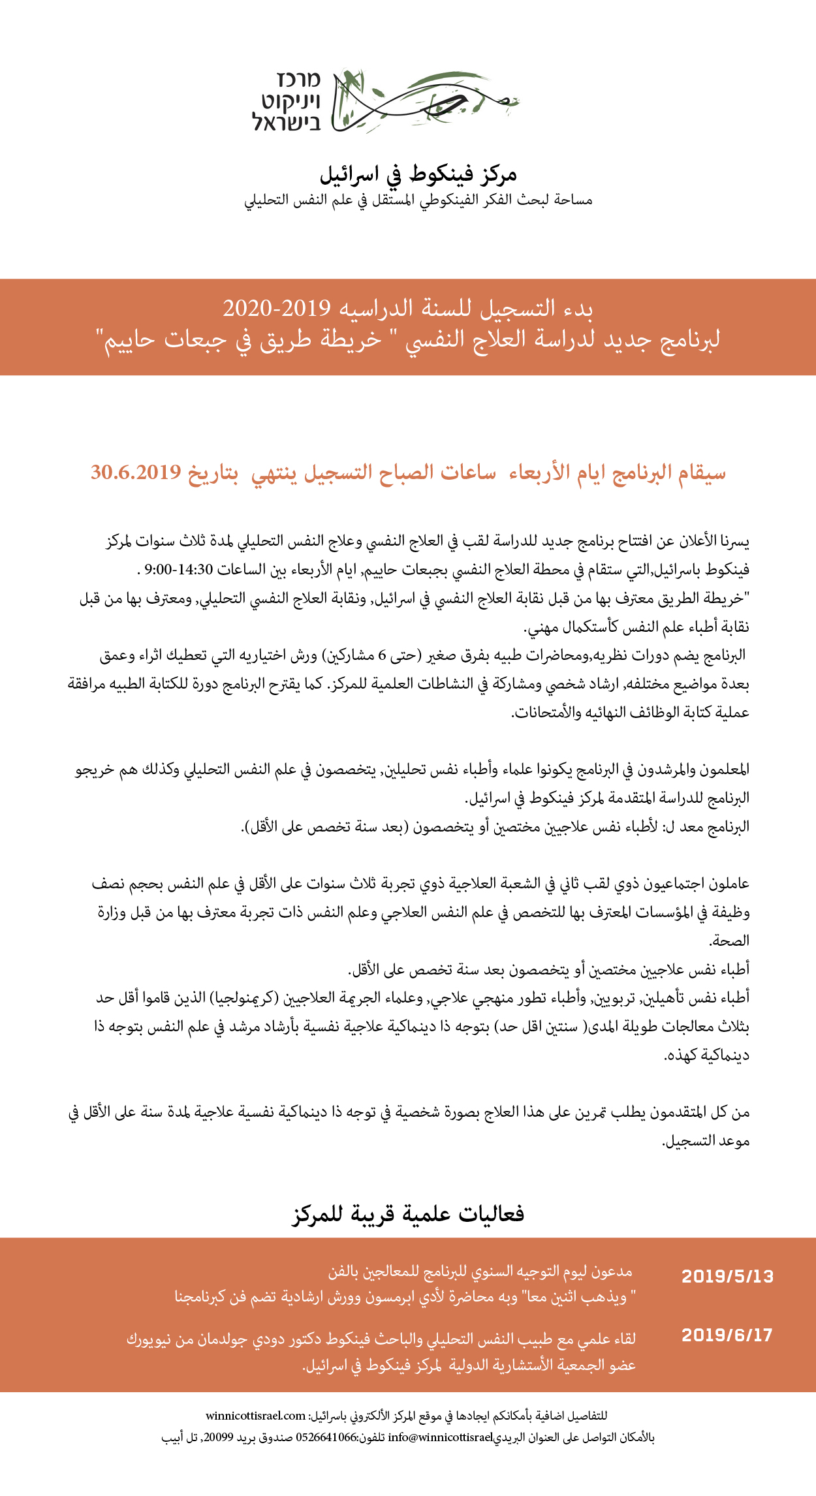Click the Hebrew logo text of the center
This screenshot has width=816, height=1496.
[287, 101]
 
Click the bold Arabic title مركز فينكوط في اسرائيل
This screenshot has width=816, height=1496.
[418, 174]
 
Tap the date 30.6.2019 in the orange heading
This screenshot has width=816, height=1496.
[136, 472]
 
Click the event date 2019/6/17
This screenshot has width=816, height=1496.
[727, 1335]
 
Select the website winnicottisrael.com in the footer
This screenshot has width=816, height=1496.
[255, 1416]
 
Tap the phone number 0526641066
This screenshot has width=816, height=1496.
[326, 1437]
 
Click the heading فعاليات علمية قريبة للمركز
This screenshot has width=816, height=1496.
[408, 1213]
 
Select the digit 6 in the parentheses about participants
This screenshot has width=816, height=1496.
[383, 655]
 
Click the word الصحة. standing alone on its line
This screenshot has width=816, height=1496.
[729, 941]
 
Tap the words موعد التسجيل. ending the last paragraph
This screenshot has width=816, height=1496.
[706, 1140]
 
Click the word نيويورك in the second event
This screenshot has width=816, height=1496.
[150, 1339]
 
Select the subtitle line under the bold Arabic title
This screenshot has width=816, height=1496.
[418, 200]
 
